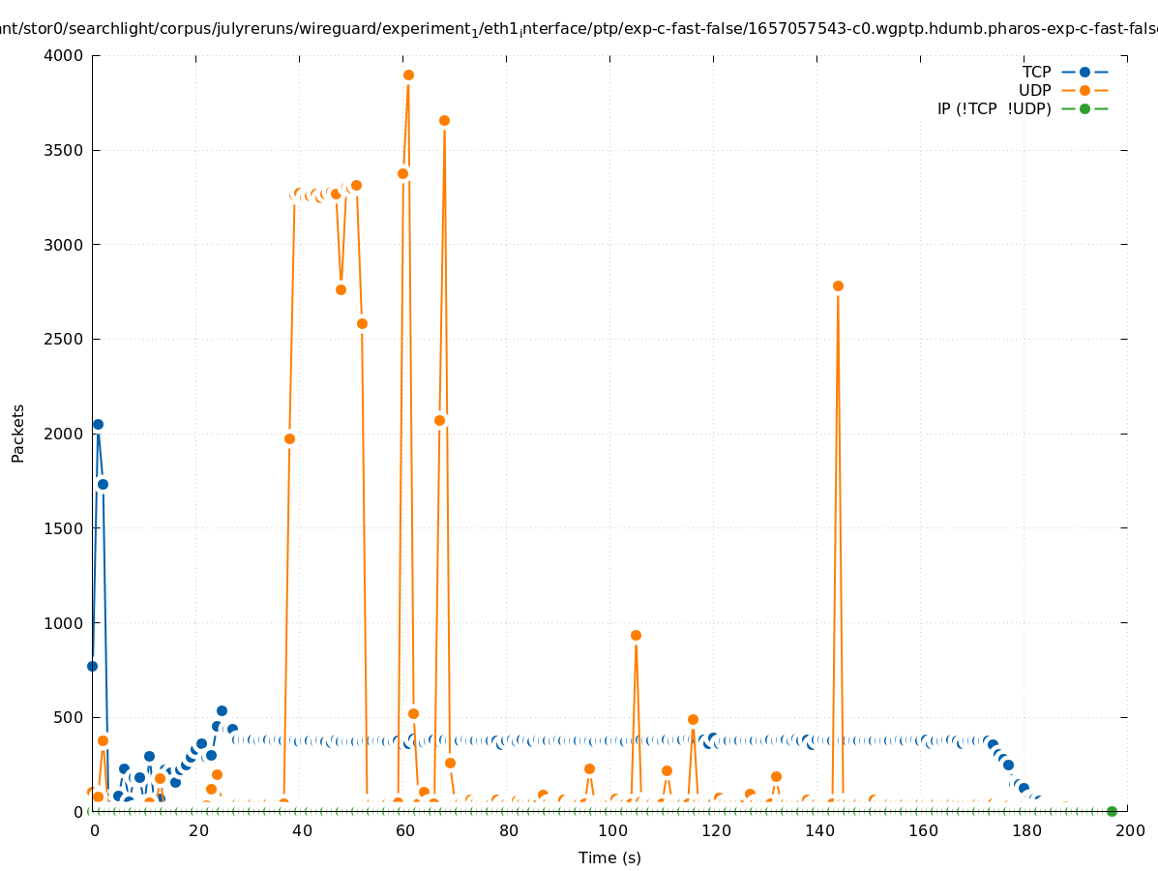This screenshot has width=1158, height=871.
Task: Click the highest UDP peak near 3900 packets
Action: click(408, 75)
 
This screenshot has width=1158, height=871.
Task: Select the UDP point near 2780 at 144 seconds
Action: click(838, 285)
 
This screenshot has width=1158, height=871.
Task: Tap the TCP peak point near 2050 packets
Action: click(98, 424)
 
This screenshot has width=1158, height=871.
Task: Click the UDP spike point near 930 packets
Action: click(636, 635)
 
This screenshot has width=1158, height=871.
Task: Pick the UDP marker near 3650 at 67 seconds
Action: click(444, 120)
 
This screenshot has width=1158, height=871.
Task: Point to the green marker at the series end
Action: click(1112, 811)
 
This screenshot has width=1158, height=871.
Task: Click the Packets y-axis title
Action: click(18, 433)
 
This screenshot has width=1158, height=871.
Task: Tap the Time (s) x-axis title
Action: click(609, 857)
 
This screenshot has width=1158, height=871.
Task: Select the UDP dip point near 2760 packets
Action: click(341, 289)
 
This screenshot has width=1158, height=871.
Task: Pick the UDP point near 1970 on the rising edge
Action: click(289, 438)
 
